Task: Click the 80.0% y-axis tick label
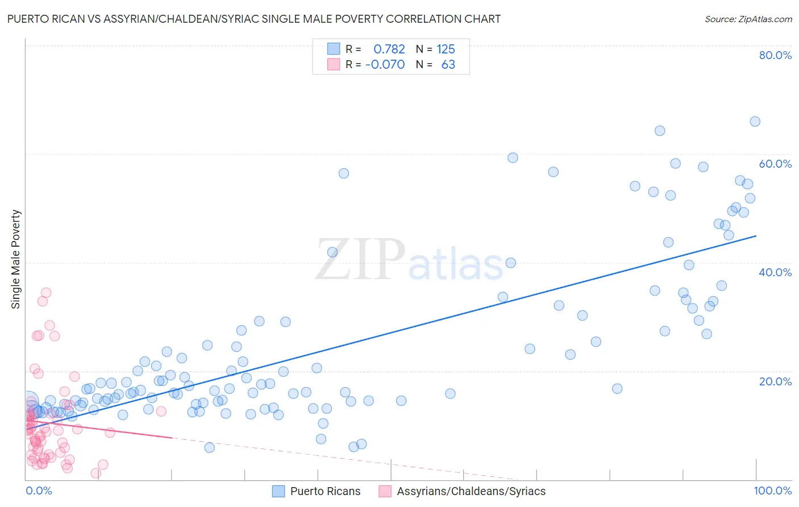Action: [775, 55]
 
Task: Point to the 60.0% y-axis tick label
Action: [775, 164]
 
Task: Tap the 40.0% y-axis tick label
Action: [775, 272]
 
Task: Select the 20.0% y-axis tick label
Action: [775, 381]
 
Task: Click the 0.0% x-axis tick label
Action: [39, 491]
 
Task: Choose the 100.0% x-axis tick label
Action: [772, 491]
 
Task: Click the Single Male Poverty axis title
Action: [16, 259]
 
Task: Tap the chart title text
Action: [253, 19]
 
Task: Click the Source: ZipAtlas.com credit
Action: [748, 19]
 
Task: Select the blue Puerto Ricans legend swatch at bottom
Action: [278, 491]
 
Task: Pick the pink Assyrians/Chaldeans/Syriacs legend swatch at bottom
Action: [385, 491]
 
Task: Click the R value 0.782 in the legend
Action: [389, 49]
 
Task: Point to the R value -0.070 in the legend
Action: [385, 64]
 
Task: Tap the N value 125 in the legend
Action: [446, 49]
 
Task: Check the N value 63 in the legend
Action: [448, 64]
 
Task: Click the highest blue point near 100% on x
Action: [755, 121]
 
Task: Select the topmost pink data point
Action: [46, 293]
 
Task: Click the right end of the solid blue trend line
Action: [756, 236]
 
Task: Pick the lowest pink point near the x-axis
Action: [95, 473]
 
